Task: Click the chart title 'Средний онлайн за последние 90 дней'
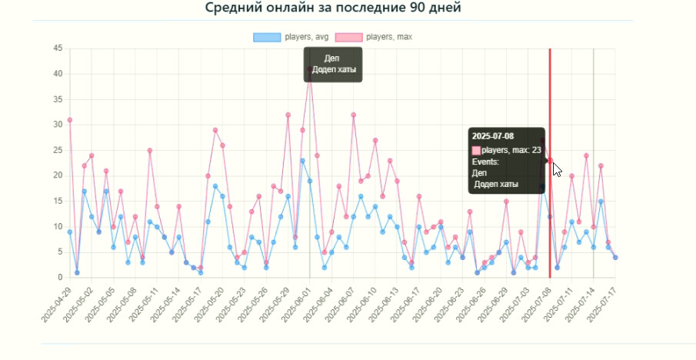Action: [333, 8]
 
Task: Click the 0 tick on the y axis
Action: [59, 277]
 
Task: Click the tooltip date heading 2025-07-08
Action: [493, 137]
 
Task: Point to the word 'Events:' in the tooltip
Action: [486, 162]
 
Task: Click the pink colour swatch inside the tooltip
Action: [476, 149]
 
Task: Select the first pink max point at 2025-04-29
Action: [69, 120]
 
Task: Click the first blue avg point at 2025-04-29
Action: [69, 232]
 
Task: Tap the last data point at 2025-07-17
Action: [615, 257]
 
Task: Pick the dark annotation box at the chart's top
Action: [332, 64]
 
